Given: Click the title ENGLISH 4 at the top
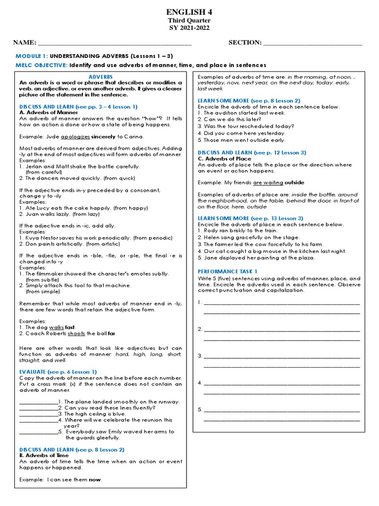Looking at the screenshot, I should [x=189, y=11].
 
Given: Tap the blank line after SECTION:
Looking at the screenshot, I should [x=313, y=44].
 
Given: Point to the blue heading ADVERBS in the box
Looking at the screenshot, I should [x=101, y=77].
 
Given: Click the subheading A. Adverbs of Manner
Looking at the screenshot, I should [x=46, y=113].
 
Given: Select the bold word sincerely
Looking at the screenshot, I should [x=103, y=136].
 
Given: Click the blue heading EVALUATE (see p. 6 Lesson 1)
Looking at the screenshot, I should [x=58, y=372].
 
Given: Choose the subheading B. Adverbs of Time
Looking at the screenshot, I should [x=44, y=456].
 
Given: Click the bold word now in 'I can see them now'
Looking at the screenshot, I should [x=95, y=479].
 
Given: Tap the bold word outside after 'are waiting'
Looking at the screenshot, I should [x=295, y=183].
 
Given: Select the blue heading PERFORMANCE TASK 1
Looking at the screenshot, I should [x=227, y=272].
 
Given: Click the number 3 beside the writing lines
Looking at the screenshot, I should [x=199, y=356].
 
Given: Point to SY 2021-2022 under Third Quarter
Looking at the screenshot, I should [x=189, y=28].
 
